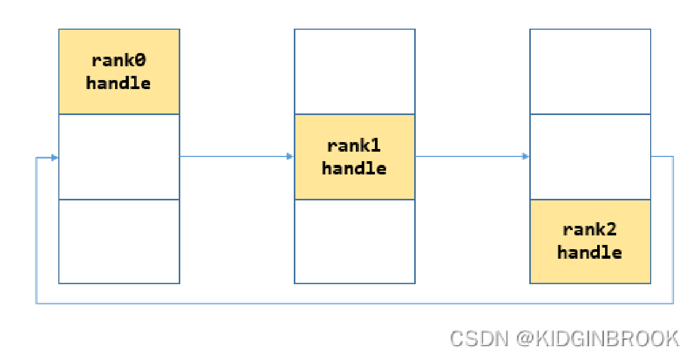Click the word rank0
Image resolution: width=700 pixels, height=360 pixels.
119,60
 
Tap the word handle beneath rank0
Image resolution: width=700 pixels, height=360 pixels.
119,83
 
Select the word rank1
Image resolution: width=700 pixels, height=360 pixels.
354,145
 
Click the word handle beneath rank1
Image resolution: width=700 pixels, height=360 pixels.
354,169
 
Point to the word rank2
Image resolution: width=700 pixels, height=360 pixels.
590,230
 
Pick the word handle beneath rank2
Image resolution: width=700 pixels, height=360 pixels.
590,252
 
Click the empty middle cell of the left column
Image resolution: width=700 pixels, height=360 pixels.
119,156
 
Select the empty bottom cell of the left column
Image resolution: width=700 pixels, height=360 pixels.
119,241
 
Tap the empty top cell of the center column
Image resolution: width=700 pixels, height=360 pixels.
354,72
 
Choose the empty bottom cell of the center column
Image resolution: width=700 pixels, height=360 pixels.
354,241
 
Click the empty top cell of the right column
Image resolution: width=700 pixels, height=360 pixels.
590,72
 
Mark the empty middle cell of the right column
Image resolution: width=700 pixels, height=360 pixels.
590,156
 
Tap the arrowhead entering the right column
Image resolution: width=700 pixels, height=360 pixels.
526,156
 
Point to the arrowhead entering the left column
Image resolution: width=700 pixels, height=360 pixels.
54,157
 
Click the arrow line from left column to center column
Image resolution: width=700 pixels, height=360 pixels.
233,156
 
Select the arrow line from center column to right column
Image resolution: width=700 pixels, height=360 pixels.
469,156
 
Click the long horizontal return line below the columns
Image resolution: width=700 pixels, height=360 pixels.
354,303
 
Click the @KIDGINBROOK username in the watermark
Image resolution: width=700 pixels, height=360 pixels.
597,338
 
